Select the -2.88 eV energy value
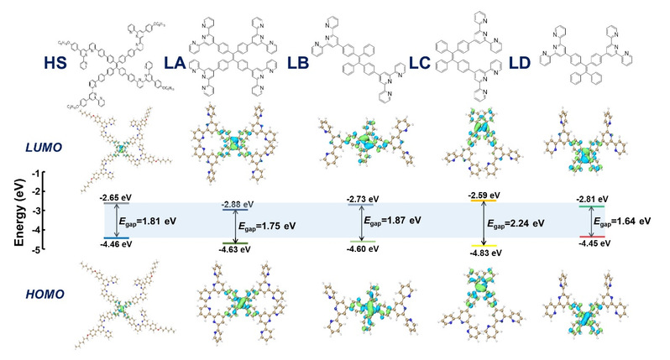click(235, 204)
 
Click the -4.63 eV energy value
click(235, 250)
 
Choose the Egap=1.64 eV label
click(622, 222)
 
